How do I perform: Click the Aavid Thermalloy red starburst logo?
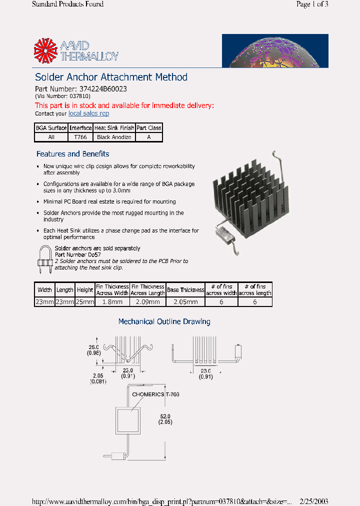pyautogui.click(x=46, y=50)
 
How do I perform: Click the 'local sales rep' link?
pyautogui.click(x=88, y=113)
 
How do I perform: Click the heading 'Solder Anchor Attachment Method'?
pyautogui.click(x=111, y=77)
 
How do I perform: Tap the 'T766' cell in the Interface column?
pyautogui.click(x=80, y=137)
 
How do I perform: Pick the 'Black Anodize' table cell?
pyautogui.click(x=114, y=137)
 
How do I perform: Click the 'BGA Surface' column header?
pyautogui.click(x=51, y=128)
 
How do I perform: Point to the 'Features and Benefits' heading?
pyautogui.click(x=72, y=154)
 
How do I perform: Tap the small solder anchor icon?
pyautogui.click(x=45, y=259)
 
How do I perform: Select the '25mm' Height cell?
pyautogui.click(x=85, y=302)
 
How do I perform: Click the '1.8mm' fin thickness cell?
pyautogui.click(x=112, y=302)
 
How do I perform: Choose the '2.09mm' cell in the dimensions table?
pyautogui.click(x=148, y=302)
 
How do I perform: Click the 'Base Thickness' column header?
pyautogui.click(x=185, y=290)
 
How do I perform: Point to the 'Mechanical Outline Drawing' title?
pyautogui.click(x=164, y=321)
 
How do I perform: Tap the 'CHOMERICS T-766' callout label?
pyautogui.click(x=155, y=394)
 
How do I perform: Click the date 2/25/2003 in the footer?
pyautogui.click(x=313, y=501)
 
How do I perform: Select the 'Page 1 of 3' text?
pyautogui.click(x=312, y=4)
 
